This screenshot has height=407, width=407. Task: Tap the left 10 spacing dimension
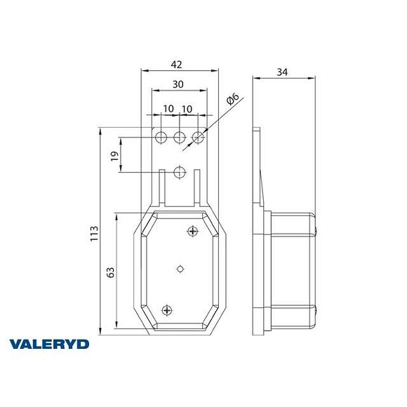coord(168,109)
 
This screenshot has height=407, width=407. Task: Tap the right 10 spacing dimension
coord(187,109)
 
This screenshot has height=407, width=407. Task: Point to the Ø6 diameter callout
coord(234,101)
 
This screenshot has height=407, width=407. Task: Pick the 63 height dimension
coord(110,273)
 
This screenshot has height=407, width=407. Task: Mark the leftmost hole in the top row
coord(161,135)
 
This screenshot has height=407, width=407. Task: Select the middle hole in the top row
coord(180,135)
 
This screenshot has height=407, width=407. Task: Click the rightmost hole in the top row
coord(199,135)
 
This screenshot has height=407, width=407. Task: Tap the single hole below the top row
coord(180,171)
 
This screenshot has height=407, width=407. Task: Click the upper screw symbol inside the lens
coord(193,231)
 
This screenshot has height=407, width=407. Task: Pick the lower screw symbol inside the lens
coord(167,309)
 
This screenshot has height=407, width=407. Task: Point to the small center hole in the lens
coord(180,268)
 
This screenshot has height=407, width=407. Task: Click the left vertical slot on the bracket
coord(162,187)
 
